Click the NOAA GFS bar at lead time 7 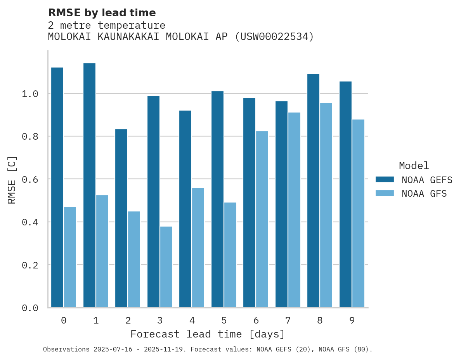pyautogui.click(x=294, y=210)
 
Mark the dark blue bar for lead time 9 pyautogui.click(x=345, y=194)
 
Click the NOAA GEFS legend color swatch pyautogui.click(x=385, y=180)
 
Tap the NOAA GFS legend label pyautogui.click(x=424, y=194)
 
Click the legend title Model pyautogui.click(x=414, y=166)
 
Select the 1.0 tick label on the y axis pyautogui.click(x=29, y=94)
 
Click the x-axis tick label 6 pyautogui.click(x=256, y=320)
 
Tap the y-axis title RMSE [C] pyautogui.click(x=12, y=180)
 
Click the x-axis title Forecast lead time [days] pyautogui.click(x=208, y=334)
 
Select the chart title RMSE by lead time pyautogui.click(x=102, y=13)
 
